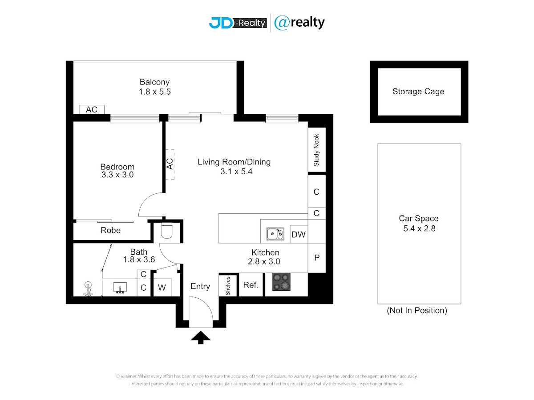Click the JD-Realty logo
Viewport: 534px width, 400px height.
(x=238, y=23)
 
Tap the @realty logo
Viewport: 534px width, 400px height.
(x=299, y=23)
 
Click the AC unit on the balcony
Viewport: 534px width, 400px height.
(x=92, y=109)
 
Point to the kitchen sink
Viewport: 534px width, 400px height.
(x=275, y=234)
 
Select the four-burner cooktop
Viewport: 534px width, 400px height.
(x=282, y=282)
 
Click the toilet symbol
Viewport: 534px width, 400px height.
(x=166, y=231)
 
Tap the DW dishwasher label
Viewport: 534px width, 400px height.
(x=299, y=235)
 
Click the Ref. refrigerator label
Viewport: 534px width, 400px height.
(x=251, y=285)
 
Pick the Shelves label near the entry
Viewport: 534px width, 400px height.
(x=228, y=286)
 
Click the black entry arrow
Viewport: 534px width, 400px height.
(x=200, y=337)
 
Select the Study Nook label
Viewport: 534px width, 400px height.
(x=316, y=150)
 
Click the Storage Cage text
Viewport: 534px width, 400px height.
(x=418, y=91)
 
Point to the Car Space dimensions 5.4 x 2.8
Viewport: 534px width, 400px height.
(x=419, y=228)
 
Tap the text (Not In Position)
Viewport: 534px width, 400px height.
(x=417, y=310)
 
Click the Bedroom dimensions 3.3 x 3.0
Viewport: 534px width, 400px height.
(x=117, y=175)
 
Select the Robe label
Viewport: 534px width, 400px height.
(x=111, y=230)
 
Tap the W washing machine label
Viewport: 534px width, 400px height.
(x=162, y=288)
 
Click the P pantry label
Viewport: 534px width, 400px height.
(x=317, y=257)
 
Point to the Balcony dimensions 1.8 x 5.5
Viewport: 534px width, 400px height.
(x=155, y=92)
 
